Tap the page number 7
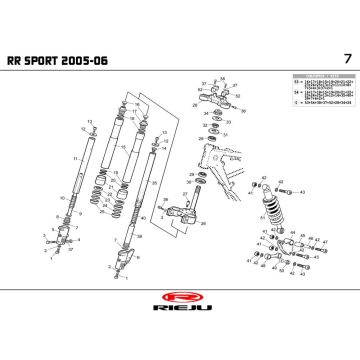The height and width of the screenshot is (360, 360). (x=345, y=56)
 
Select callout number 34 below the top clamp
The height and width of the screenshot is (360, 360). (x=206, y=115)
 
